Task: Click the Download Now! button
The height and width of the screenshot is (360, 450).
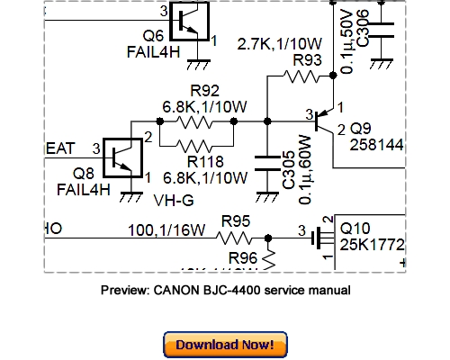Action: coord(225,344)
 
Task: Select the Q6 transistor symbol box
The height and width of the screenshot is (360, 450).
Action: coord(188,22)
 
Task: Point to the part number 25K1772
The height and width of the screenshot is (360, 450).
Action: coord(370,244)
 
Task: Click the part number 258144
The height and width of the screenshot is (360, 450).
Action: coord(375,143)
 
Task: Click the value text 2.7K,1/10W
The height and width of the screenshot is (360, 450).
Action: coord(279,42)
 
